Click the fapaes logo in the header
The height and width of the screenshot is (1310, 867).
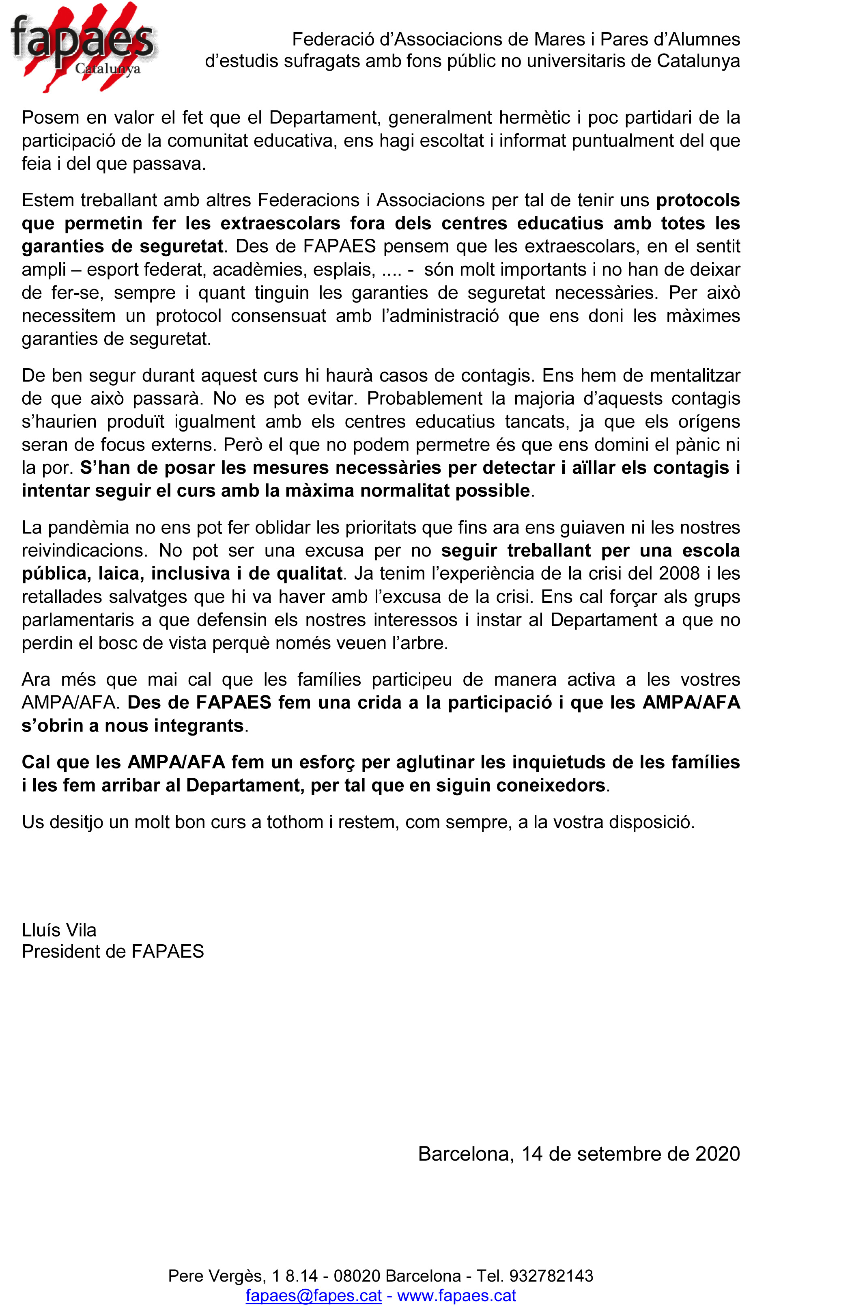click(x=83, y=47)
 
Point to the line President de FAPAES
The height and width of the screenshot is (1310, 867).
click(x=113, y=951)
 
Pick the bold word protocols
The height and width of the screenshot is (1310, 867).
click(x=698, y=200)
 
